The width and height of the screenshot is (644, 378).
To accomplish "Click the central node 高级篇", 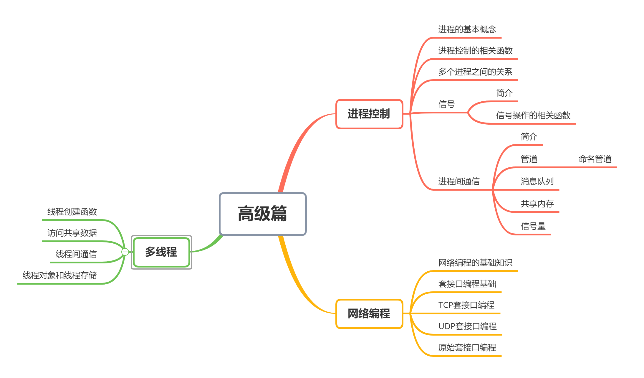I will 262,214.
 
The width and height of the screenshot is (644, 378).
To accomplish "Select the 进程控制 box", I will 369,114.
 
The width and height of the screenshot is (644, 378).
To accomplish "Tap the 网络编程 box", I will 369,314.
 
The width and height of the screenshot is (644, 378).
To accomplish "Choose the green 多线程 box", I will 161,252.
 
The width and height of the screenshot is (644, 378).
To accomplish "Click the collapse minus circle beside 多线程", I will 125,252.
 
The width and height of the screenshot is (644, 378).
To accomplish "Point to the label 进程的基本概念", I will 467,29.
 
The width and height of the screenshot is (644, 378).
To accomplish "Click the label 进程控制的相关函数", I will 475,51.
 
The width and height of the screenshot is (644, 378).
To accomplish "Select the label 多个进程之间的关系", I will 475,72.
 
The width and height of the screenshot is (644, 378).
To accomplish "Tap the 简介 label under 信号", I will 504,93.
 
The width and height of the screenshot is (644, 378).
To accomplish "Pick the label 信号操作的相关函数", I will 533,115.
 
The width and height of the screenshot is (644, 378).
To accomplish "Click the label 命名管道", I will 595,159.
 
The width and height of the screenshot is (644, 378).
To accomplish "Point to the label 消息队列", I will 537,181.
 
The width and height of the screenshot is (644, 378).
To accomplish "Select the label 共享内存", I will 537,204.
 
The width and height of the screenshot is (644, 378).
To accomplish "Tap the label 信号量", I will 533,226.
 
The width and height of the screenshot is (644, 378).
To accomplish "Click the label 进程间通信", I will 459,181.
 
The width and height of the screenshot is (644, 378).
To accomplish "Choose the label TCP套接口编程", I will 466,305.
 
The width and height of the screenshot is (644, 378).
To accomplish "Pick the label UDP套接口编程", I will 467,326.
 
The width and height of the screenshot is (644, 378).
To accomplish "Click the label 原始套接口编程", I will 467,348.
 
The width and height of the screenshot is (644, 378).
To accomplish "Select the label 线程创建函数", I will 72,212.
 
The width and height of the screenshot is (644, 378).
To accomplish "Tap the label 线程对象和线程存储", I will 60,275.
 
